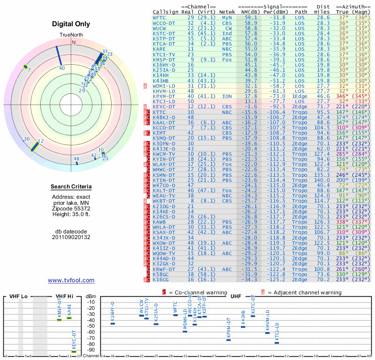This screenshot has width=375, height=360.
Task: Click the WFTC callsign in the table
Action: click(x=159, y=17)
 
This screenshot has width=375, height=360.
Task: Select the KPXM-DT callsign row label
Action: click(x=164, y=96)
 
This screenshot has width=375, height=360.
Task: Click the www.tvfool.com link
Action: click(x=71, y=280)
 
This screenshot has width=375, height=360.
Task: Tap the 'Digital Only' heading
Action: click(x=71, y=24)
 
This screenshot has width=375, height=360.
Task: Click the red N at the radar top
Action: click(x=73, y=42)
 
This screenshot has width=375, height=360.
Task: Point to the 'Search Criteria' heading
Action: click(x=71, y=187)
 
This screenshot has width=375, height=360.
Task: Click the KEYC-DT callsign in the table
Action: click(x=164, y=106)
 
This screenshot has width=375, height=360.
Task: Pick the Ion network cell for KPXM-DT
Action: click(x=227, y=96)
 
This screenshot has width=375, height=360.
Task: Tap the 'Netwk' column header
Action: click(x=227, y=11)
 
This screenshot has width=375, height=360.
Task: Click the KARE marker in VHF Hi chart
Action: click(x=69, y=318)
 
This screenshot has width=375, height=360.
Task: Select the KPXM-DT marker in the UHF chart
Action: click(x=228, y=339)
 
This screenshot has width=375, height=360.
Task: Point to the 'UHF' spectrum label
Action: click(x=236, y=296)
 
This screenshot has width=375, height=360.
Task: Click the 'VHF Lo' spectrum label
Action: click(x=18, y=296)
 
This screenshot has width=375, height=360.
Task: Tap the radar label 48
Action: click(x=76, y=159)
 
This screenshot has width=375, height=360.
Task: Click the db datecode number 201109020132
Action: click(x=71, y=237)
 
